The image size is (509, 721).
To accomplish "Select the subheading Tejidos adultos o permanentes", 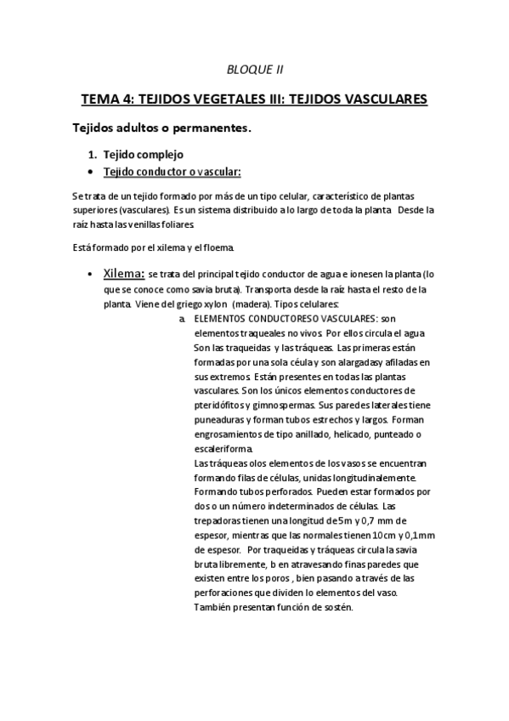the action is tap(160, 128).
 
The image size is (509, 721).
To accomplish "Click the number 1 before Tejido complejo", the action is tap(93, 155).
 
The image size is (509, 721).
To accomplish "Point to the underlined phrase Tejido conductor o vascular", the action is tap(172, 172).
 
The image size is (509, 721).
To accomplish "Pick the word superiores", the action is tap(100, 209).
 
